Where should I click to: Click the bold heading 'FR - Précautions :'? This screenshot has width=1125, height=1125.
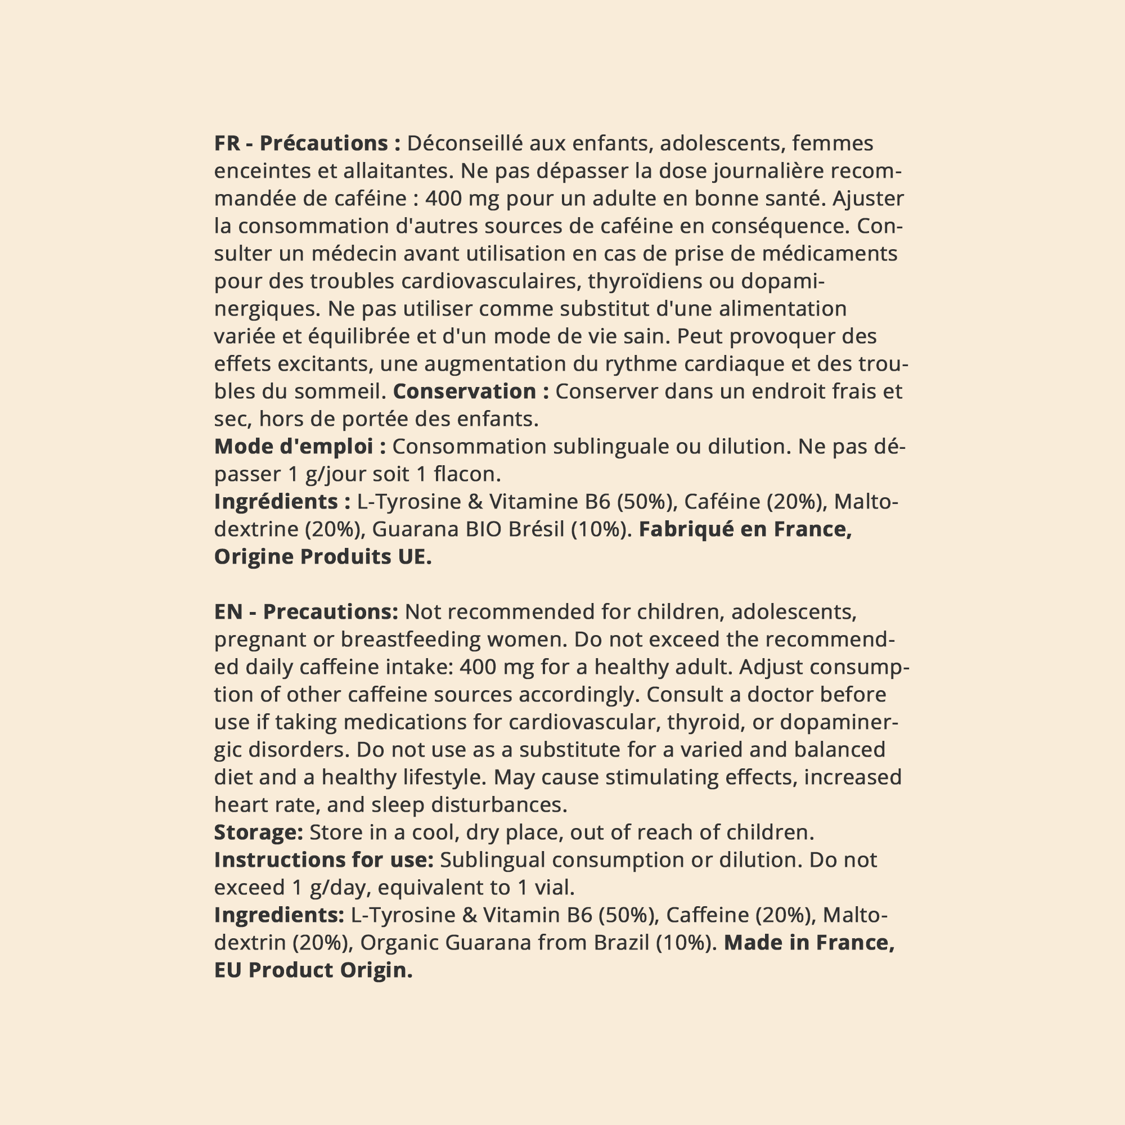(x=308, y=143)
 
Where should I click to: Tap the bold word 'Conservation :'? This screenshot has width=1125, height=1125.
(x=471, y=391)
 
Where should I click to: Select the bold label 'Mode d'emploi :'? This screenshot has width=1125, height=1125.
(x=300, y=447)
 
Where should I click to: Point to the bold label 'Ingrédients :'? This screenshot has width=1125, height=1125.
(x=282, y=501)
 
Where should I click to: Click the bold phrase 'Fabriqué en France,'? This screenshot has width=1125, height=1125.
(x=745, y=529)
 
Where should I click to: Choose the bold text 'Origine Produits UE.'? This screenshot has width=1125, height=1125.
(x=322, y=557)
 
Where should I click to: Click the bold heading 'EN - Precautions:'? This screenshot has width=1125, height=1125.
(x=305, y=612)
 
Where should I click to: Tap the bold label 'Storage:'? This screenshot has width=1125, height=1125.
(x=259, y=832)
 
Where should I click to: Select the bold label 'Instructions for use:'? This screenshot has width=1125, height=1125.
(x=325, y=859)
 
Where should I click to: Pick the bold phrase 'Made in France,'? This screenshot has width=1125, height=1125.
(x=809, y=942)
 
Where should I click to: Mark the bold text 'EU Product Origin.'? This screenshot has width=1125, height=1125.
(x=313, y=970)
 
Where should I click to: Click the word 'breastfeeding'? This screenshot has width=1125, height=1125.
(x=411, y=640)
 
